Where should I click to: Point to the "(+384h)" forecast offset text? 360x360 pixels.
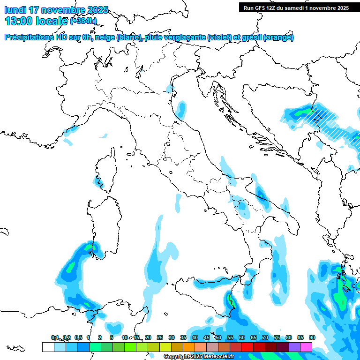click(x=83, y=21)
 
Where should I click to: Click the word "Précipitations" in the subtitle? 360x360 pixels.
click(x=30, y=37)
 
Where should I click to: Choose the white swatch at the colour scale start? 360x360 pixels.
click(x=48, y=347)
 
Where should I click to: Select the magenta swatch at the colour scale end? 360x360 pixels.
click(x=306, y=347)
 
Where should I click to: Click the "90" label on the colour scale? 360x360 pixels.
click(x=312, y=337)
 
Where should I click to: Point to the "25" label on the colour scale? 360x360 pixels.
click(x=159, y=337)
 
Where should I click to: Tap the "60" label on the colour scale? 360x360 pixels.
click(x=241, y=337)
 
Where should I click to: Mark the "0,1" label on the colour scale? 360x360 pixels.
click(x=55, y=337)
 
